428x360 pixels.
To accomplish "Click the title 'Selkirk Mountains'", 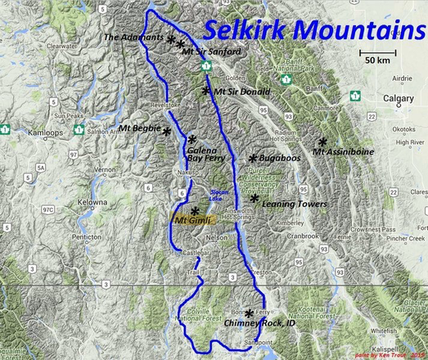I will click(x=309, y=29).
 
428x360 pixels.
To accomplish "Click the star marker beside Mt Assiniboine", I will click(x=323, y=141).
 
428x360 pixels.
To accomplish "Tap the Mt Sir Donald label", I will click(x=241, y=92).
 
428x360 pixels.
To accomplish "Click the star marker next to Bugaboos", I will click(x=253, y=158).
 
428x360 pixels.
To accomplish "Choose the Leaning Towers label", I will click(x=295, y=204).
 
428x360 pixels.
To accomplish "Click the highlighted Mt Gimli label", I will click(x=193, y=220).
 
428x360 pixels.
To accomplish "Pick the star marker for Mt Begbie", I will click(x=167, y=131).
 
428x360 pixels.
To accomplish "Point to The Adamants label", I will click(x=134, y=37).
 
